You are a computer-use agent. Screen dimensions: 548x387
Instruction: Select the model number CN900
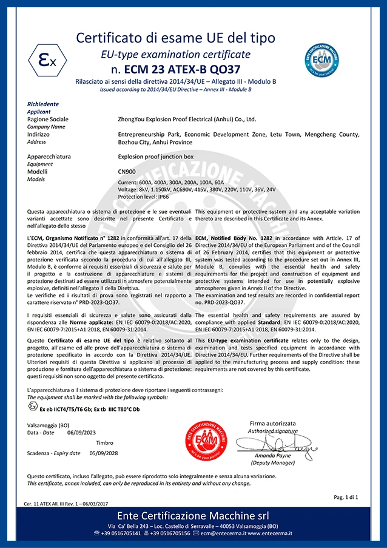tap(127, 172)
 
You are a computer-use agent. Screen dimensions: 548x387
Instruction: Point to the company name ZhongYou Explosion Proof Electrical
tap(187, 120)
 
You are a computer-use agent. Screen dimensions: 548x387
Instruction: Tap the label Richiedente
tap(43, 104)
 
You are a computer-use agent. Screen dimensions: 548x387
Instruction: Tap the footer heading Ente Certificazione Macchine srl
tap(193, 515)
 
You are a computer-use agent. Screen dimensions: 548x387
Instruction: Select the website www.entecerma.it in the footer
tap(271, 533)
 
